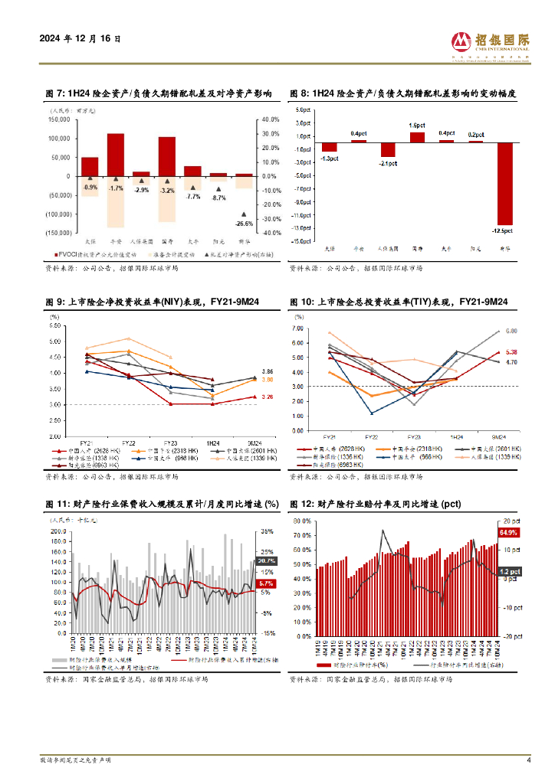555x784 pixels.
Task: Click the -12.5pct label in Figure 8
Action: (504, 230)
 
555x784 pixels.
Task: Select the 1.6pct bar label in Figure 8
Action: (417, 125)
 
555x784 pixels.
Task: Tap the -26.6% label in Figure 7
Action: (244, 224)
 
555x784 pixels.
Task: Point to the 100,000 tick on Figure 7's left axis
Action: (60, 139)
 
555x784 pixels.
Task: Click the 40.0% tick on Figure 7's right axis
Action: (270, 119)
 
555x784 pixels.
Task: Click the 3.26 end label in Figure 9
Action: (268, 397)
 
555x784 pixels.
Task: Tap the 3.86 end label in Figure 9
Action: (268, 371)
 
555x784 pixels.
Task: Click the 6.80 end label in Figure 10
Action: (512, 331)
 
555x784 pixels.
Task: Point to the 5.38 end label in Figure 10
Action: (512, 351)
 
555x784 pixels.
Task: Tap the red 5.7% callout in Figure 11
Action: (267, 584)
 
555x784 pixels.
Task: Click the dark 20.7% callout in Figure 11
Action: (267, 561)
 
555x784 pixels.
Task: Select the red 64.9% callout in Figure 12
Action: (509, 531)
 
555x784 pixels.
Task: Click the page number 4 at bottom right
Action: (528, 760)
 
